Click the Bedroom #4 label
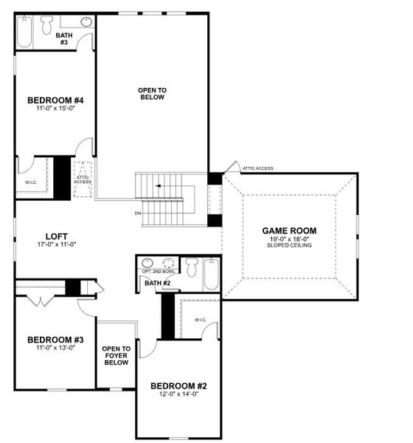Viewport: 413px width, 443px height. click(x=55, y=100)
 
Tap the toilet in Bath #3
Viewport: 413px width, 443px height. click(x=47, y=25)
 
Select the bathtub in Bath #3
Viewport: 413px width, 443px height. click(x=24, y=32)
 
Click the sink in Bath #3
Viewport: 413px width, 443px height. click(x=86, y=21)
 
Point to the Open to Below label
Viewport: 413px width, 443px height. click(x=152, y=94)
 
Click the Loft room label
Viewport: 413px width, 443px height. click(x=57, y=236)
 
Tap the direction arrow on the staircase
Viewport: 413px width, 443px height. click(x=159, y=186)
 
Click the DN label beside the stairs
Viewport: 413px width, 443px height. click(x=138, y=213)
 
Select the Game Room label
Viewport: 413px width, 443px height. click(x=289, y=231)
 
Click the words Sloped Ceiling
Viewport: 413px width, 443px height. click(x=289, y=245)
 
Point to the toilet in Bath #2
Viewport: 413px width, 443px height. click(x=192, y=267)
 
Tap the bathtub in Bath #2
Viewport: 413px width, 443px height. click(x=211, y=274)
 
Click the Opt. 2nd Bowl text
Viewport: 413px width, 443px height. click(x=159, y=272)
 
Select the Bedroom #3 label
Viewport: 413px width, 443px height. click(x=55, y=340)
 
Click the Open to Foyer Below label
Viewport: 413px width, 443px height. click(x=117, y=355)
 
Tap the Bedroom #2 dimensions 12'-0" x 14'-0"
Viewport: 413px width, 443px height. click(x=178, y=394)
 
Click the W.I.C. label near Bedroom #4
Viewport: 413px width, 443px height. click(x=31, y=182)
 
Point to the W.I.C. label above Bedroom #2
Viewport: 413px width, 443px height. click(x=201, y=320)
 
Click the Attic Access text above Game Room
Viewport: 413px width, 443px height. click(x=258, y=168)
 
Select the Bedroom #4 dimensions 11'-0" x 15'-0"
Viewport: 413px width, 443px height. click(x=55, y=108)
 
